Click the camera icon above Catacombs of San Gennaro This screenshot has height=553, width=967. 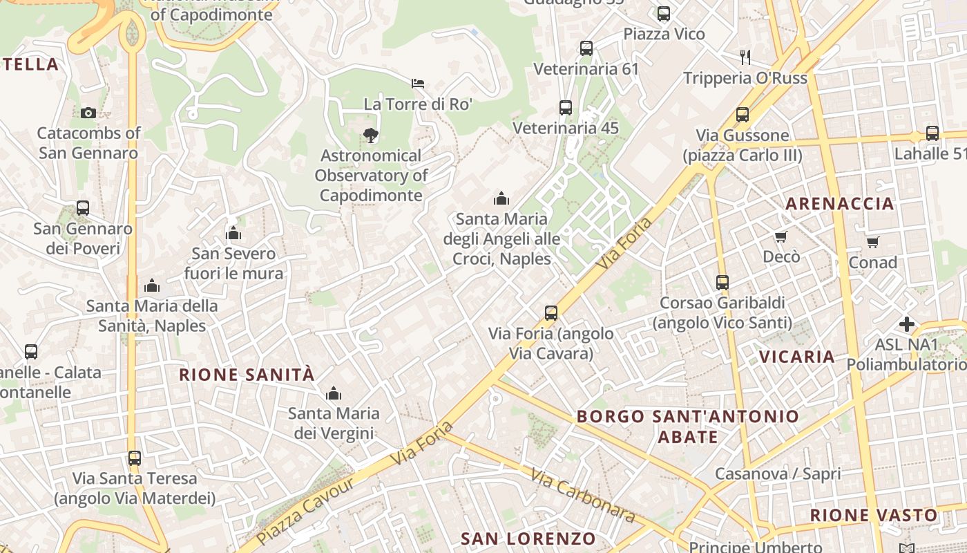pos(88,113)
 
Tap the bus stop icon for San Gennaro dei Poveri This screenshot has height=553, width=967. pos(83,207)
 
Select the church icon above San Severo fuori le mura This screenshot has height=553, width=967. pos(233,233)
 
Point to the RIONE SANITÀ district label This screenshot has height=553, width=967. pos(247,375)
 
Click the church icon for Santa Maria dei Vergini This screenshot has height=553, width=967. pos(334,394)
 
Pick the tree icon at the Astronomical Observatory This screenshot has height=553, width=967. pos(371,135)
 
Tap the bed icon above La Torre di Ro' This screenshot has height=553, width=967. pos(418,84)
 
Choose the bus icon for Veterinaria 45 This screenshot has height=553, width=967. pos(566,108)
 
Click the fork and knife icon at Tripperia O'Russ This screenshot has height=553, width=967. pos(745,57)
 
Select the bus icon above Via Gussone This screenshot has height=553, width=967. pos(743,115)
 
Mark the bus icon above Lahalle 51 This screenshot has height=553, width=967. pos(932,133)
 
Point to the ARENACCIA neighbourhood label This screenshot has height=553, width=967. pos(840,203)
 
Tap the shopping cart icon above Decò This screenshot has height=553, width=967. pos(781,237)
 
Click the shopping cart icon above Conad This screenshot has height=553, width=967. pos(872,242)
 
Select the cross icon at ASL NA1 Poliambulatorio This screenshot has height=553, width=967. pos(907,324)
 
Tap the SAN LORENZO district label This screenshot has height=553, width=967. pos(528,538)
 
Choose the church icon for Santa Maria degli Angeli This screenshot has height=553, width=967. pos(501,199)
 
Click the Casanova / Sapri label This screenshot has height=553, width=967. pos(777,474)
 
